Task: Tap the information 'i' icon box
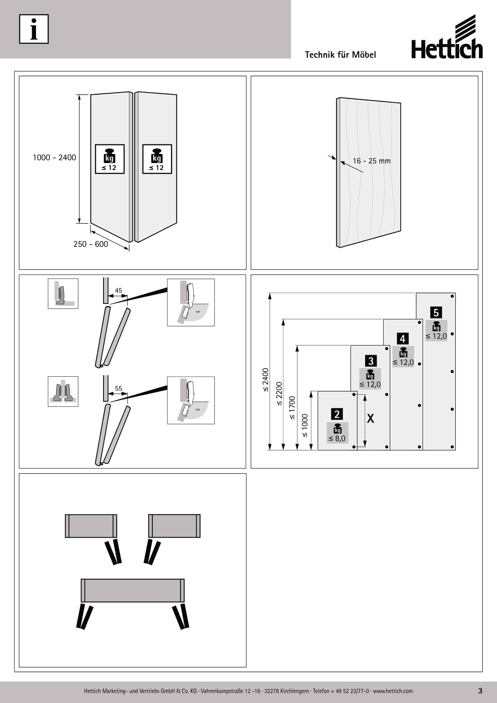(x=34, y=29)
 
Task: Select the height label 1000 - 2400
(x=54, y=157)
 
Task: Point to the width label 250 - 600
(x=90, y=244)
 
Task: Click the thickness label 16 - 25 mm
(x=371, y=161)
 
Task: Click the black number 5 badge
(x=436, y=313)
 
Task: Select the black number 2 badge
(x=337, y=414)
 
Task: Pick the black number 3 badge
(x=371, y=361)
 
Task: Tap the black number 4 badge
(x=402, y=339)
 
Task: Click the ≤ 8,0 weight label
(x=337, y=439)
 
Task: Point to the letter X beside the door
(x=370, y=419)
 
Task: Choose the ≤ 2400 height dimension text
(x=265, y=380)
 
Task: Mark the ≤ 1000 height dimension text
(x=305, y=426)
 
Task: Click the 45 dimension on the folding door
(x=118, y=290)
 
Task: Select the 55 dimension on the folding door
(x=118, y=388)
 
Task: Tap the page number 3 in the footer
(x=480, y=691)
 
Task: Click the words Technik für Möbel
(x=340, y=54)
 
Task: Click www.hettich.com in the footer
(x=393, y=691)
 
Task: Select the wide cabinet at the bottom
(x=133, y=590)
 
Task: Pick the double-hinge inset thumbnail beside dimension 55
(x=63, y=391)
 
